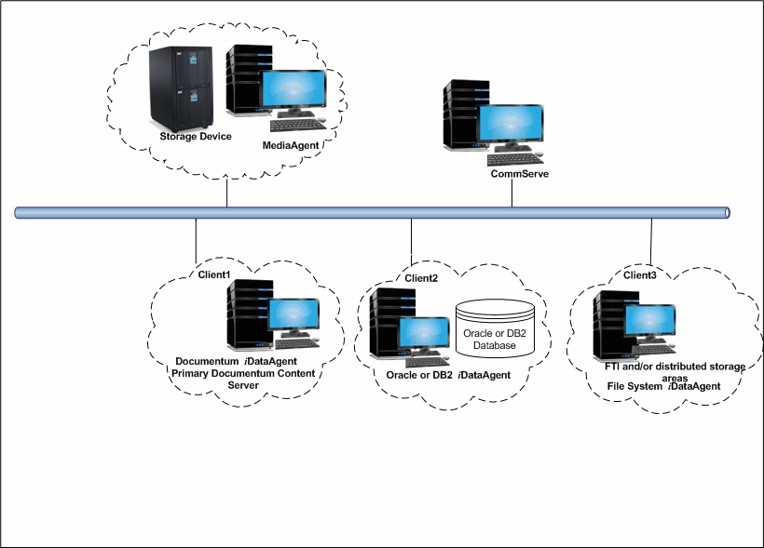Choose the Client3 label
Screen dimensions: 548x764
638,275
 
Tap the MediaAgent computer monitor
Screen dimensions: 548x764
294,91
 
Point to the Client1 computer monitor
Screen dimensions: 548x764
293,316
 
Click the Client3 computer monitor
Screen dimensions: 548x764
648,322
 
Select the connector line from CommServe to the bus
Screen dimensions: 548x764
512,194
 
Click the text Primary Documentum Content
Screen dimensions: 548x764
243,373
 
